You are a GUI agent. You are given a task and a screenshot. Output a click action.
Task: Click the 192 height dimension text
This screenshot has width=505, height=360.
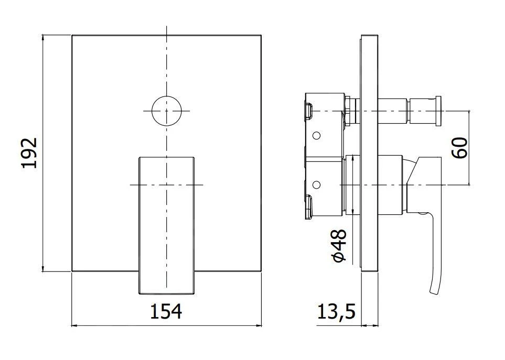click(x=29, y=152)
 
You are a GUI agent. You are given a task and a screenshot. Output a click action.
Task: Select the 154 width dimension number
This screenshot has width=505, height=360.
click(x=166, y=311)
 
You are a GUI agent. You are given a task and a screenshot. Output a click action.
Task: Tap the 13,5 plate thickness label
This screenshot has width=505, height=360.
click(x=336, y=312)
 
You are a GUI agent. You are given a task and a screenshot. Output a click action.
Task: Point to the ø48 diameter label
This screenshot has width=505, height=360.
click(x=339, y=245)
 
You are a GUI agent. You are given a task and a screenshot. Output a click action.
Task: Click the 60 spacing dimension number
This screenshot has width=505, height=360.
click(x=459, y=148)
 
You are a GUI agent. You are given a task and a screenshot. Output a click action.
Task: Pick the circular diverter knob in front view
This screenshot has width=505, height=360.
click(x=166, y=111)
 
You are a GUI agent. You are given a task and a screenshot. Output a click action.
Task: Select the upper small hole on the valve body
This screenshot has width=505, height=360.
click(x=316, y=136)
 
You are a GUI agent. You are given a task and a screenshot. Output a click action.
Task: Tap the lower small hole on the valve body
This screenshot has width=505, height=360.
click(x=316, y=184)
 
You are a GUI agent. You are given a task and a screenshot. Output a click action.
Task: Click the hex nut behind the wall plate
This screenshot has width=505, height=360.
click(x=348, y=111)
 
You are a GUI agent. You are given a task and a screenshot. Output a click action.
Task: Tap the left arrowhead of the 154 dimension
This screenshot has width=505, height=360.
click(x=74, y=325)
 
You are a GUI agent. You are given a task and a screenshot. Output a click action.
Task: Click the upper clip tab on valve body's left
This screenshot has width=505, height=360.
click(x=308, y=111)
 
